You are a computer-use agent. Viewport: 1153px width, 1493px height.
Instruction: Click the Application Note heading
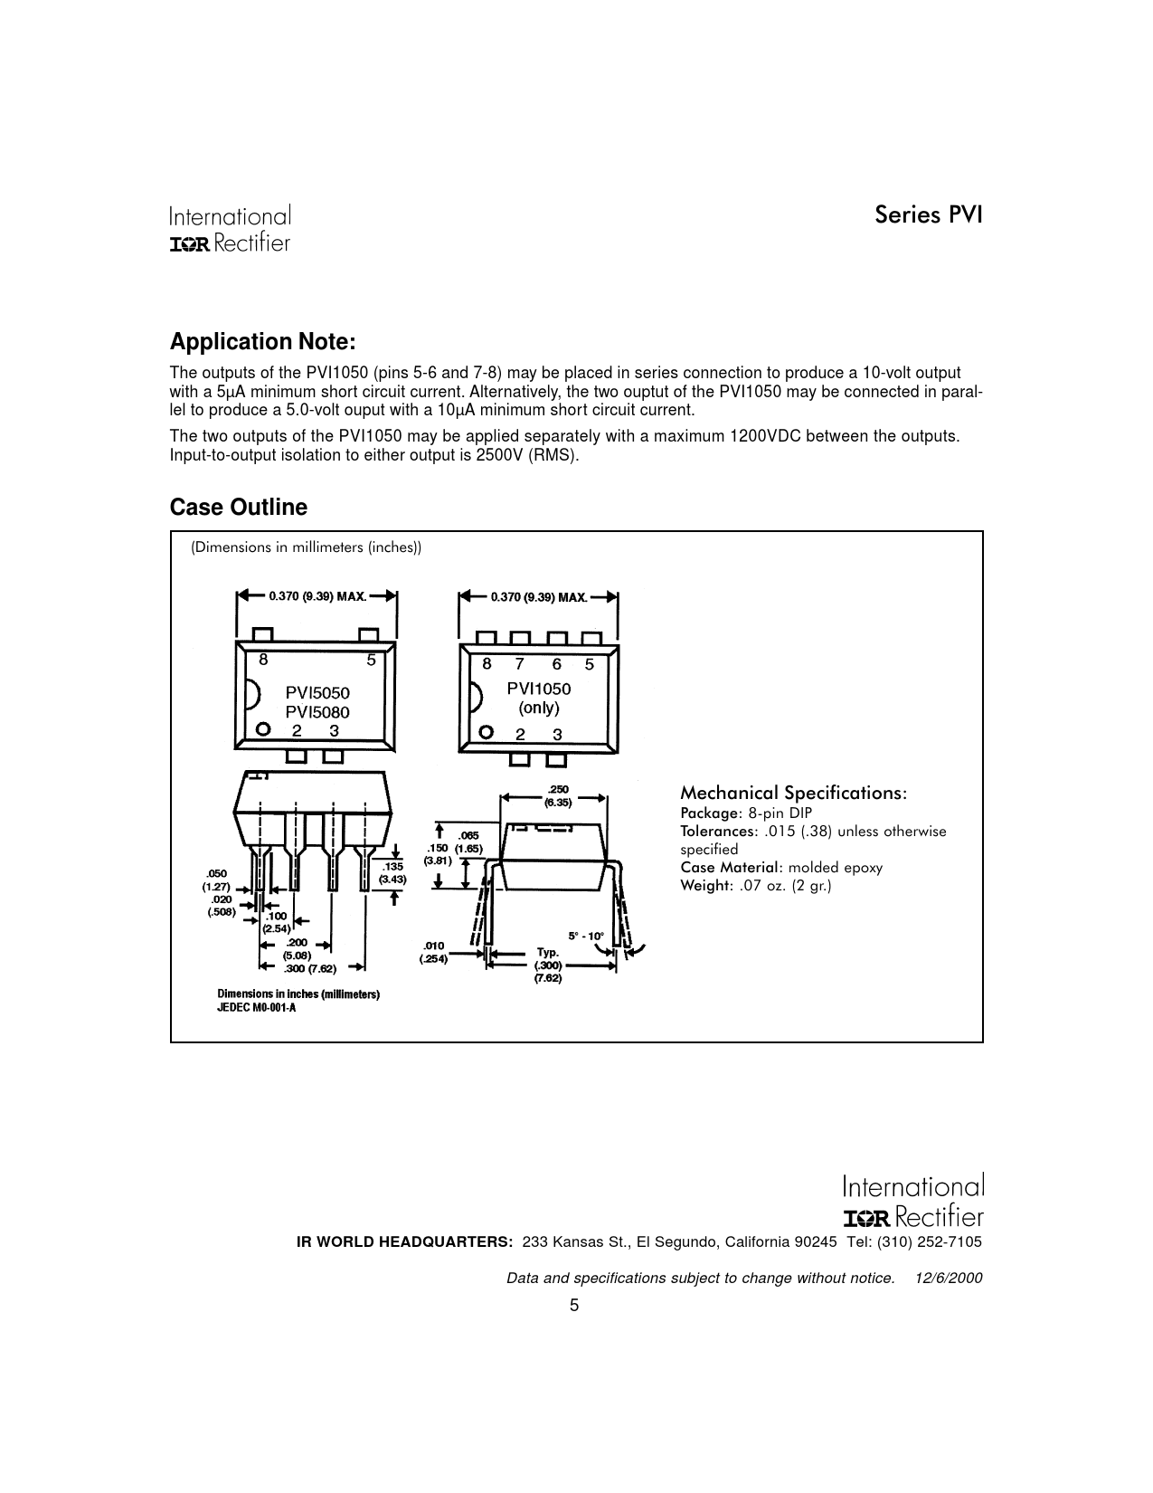263,342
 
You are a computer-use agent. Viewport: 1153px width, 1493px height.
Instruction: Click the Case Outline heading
239,508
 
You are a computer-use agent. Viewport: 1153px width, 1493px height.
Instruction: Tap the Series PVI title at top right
928,215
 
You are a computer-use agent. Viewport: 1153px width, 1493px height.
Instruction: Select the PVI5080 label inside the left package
317,712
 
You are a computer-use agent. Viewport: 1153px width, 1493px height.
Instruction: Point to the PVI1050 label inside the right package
539,688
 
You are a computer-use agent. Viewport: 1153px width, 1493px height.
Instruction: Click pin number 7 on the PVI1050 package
520,664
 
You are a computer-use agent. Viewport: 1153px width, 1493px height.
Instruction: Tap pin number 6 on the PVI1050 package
556,664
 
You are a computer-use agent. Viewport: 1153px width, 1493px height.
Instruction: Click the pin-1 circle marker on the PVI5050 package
263,729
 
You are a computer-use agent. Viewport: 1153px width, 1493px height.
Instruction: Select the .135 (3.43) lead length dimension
393,872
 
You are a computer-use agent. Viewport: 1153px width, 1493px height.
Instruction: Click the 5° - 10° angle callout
586,936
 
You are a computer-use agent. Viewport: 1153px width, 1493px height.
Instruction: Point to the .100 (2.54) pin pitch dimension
276,922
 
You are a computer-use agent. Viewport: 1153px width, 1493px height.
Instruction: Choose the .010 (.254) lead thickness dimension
433,953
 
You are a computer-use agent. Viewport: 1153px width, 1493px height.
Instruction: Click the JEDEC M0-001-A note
256,1008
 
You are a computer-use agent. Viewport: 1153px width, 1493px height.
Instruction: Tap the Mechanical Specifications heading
793,793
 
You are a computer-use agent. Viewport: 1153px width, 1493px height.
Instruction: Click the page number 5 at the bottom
574,1305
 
